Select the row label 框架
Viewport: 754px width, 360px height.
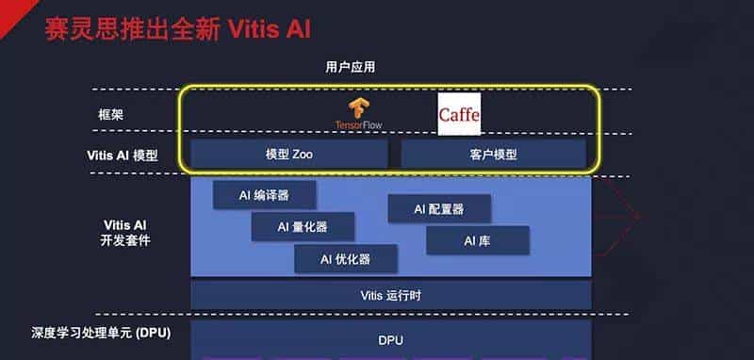coord(111,115)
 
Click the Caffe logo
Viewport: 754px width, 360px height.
coord(459,115)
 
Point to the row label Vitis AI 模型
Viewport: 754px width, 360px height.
coord(117,155)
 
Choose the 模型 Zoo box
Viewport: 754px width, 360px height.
coord(289,154)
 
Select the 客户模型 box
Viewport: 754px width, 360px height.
coord(493,154)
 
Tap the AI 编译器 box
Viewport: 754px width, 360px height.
coord(264,195)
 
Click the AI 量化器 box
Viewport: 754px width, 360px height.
coord(303,226)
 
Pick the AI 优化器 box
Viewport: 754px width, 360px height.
coord(345,258)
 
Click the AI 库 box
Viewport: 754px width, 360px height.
coord(477,240)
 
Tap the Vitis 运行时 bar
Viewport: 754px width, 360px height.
coord(391,295)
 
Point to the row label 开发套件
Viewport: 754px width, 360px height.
coord(125,240)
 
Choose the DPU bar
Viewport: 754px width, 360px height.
coord(391,340)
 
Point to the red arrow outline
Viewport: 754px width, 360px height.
coord(617,217)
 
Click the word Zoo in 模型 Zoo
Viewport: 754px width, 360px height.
coord(303,154)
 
